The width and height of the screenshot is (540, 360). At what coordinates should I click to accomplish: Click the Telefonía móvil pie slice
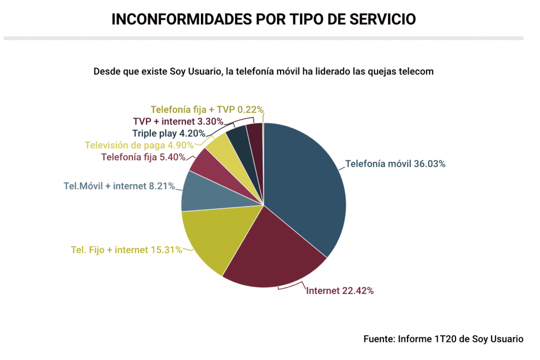tap(306, 190)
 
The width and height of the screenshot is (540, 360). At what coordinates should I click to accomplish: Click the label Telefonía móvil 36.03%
tap(395, 164)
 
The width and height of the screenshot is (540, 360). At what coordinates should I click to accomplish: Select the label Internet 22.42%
tap(340, 290)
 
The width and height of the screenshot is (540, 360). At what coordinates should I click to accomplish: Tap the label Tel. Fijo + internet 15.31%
tap(127, 250)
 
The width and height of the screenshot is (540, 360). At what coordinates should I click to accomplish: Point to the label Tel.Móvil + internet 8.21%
tap(119, 186)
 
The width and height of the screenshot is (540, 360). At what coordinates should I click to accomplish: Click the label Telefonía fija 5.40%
tap(143, 157)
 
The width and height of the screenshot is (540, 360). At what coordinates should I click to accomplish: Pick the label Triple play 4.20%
tap(163, 133)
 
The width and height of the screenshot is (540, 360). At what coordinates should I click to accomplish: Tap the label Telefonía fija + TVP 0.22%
tap(207, 110)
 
